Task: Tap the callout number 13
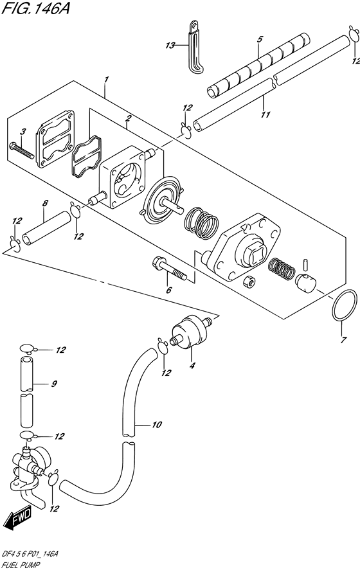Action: click(x=170, y=46)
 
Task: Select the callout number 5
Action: click(x=259, y=39)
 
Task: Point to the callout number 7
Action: click(x=343, y=341)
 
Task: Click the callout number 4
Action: click(x=192, y=365)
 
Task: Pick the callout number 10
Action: click(x=156, y=425)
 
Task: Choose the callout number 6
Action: click(x=168, y=290)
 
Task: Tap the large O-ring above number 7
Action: click(x=345, y=306)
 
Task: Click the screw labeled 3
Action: click(x=22, y=150)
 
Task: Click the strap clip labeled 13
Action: click(x=195, y=47)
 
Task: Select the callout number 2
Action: click(x=128, y=118)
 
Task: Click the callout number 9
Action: click(x=54, y=384)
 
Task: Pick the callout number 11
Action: click(x=265, y=114)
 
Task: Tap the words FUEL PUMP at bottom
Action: click(x=21, y=566)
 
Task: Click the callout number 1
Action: click(x=106, y=79)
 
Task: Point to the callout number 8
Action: click(x=44, y=203)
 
